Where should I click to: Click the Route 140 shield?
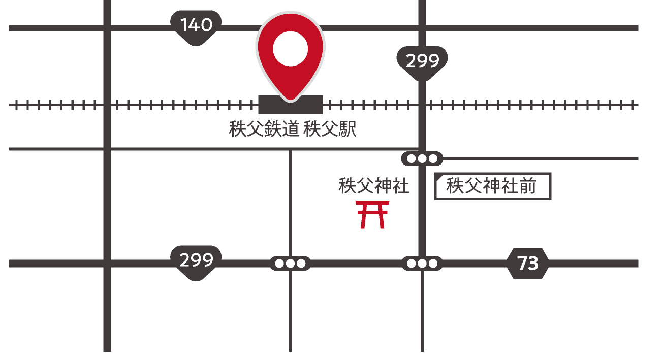point(196,26)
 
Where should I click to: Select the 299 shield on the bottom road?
point(196,261)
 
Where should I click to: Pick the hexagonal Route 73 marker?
point(528,264)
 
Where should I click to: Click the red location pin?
point(290,56)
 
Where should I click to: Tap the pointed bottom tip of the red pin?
point(290,97)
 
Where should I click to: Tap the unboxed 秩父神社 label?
point(374,186)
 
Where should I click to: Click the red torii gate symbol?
point(373,214)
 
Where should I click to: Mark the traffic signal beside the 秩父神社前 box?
point(422,159)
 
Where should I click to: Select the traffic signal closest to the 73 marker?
point(422,264)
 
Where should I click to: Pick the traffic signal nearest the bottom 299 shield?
point(290,264)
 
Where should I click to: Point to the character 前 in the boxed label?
point(528,186)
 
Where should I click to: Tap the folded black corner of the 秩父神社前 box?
point(438,178)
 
